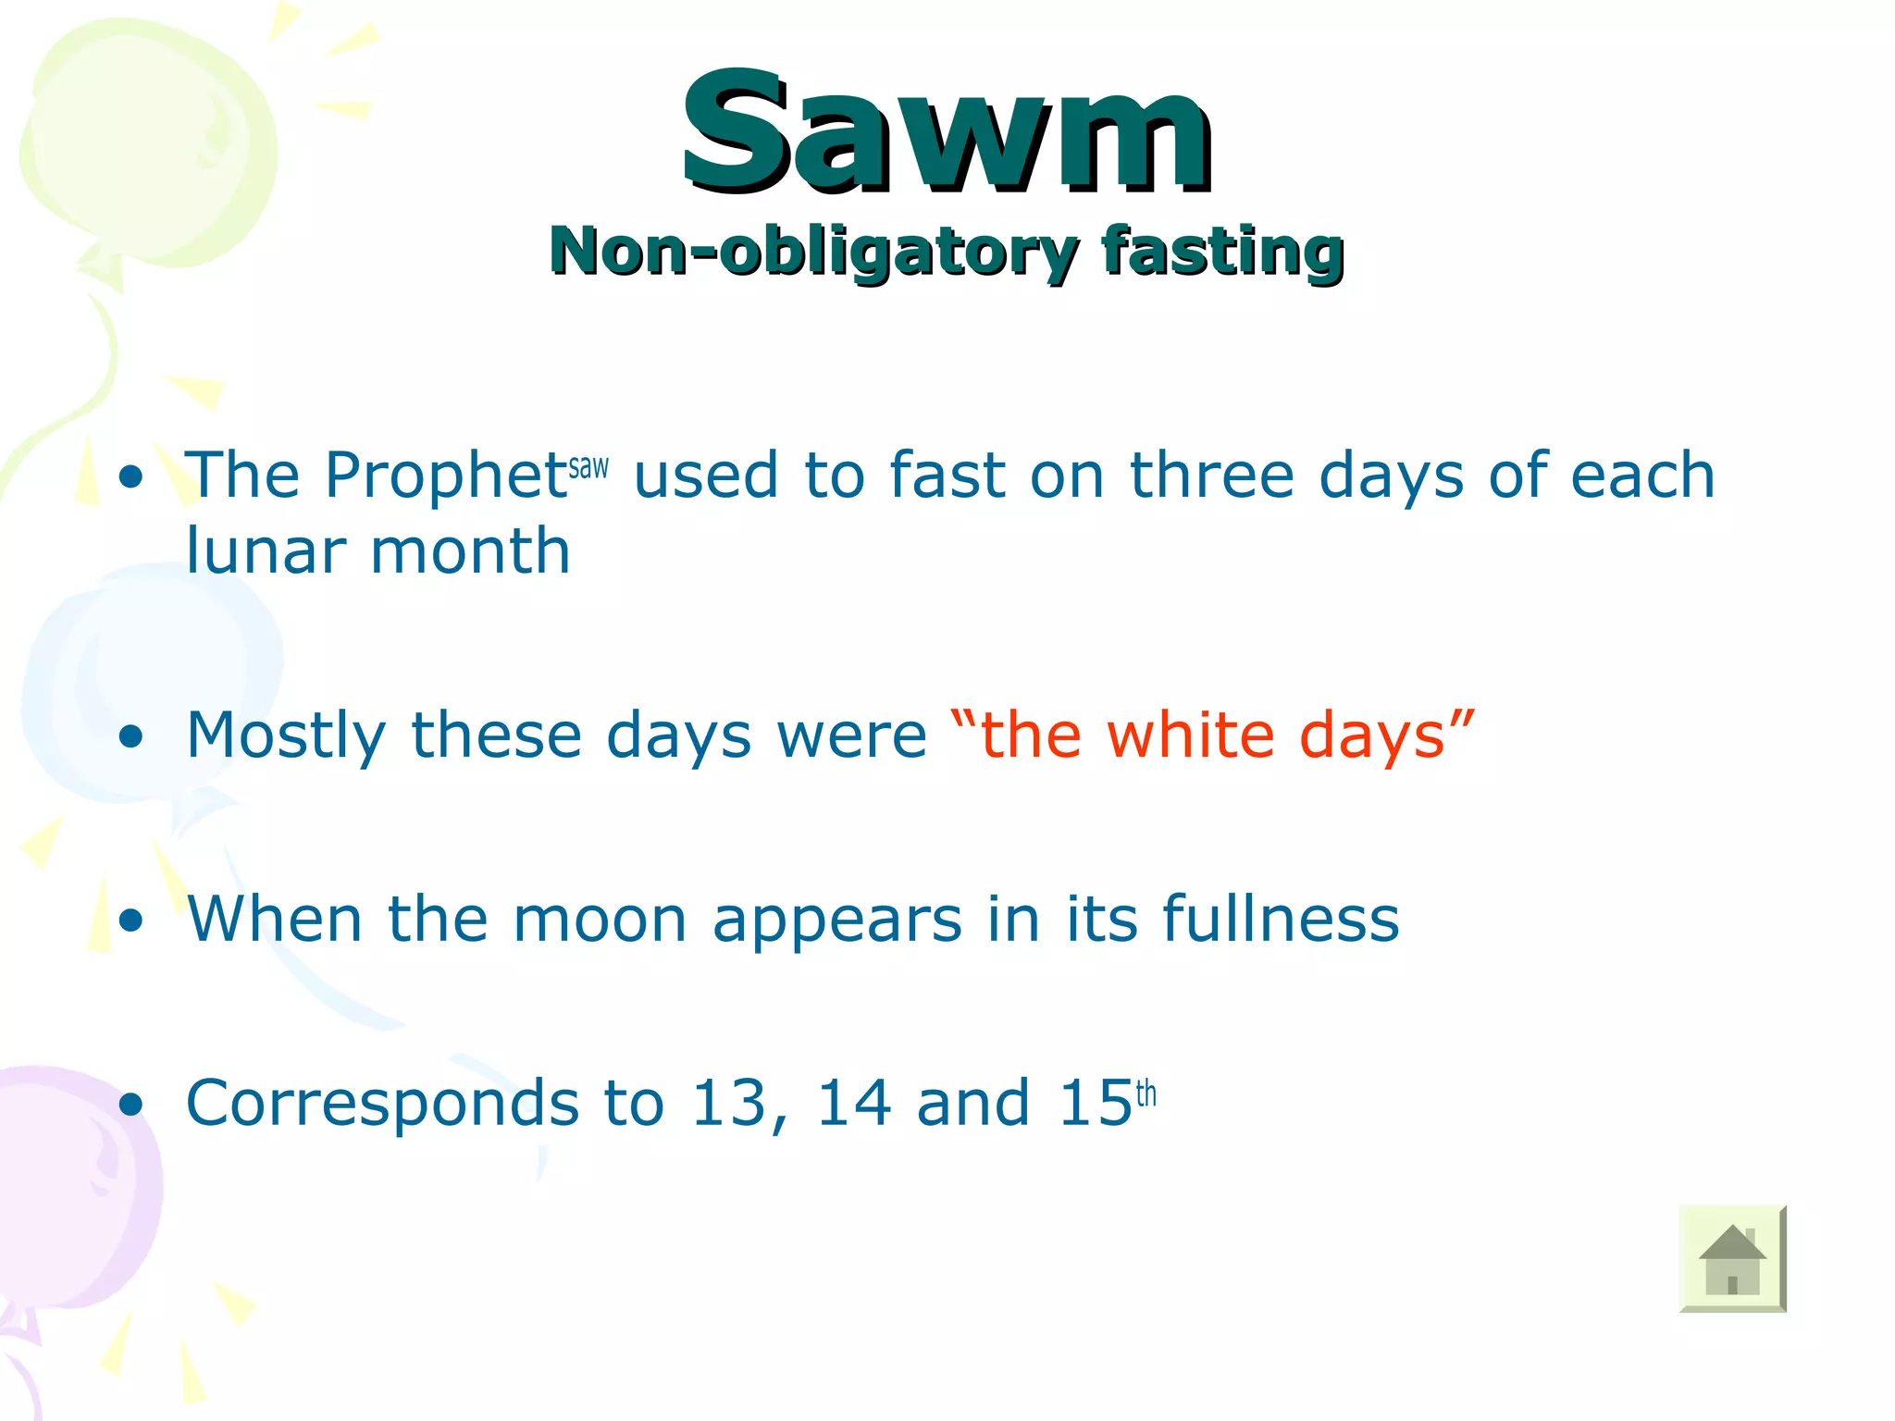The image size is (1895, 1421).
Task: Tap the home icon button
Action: pyautogui.click(x=1731, y=1258)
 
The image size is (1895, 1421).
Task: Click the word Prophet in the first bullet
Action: pyautogui.click(x=445, y=476)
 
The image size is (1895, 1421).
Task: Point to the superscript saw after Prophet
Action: pyautogui.click(x=588, y=466)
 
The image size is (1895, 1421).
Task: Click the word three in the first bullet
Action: pyautogui.click(x=1211, y=476)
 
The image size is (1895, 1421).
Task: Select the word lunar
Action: pyautogui.click(x=266, y=551)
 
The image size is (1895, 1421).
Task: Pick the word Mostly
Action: pyautogui.click(x=285, y=736)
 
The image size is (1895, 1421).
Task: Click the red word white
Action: pyautogui.click(x=1190, y=735)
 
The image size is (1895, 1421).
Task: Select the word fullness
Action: pyautogui.click(x=1281, y=920)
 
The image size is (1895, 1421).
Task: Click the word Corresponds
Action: pyautogui.click(x=382, y=1104)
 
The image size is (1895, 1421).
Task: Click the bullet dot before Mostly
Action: pyautogui.click(x=131, y=736)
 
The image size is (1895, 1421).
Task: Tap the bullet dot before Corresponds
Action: pyautogui.click(x=131, y=1105)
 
